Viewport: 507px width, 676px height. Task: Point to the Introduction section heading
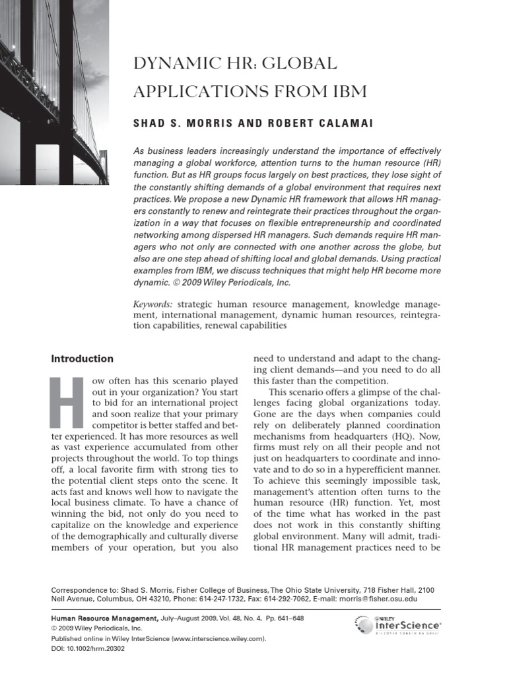tap(83, 358)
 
